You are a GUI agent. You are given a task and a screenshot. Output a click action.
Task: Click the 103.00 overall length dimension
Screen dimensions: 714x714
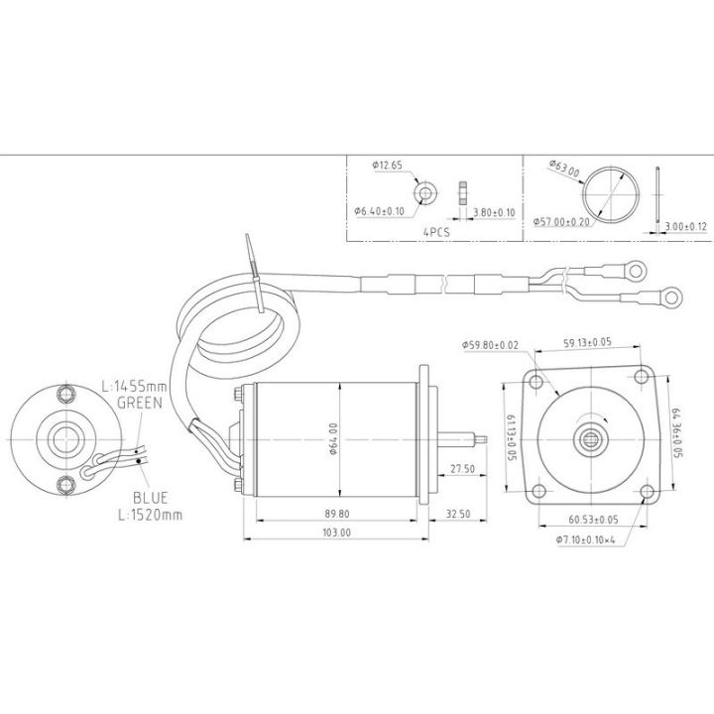[x=336, y=533]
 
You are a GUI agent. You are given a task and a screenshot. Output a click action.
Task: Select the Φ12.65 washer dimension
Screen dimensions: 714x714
[x=388, y=166]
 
